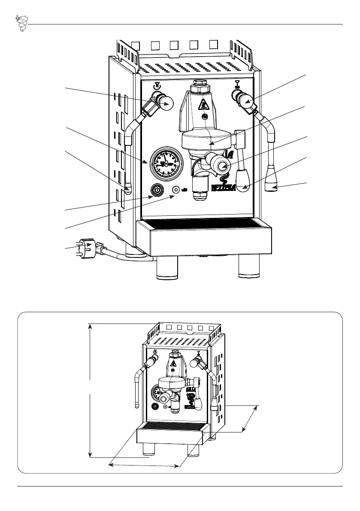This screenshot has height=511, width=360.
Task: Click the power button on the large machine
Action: [157, 190]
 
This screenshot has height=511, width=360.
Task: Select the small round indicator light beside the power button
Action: [176, 190]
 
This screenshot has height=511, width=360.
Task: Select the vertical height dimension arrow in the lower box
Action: [90, 390]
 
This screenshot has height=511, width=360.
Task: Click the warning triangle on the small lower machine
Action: [173, 364]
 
